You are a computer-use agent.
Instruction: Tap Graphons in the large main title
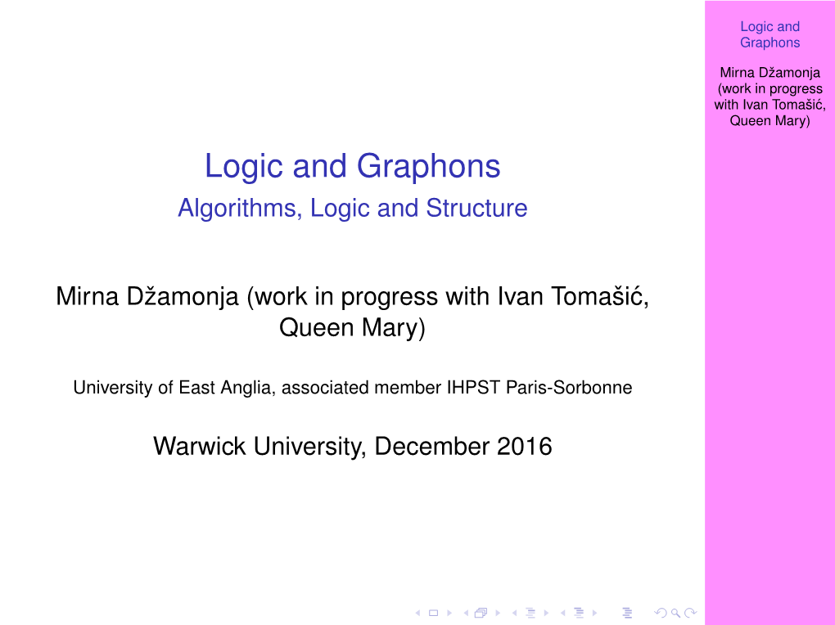[429, 167]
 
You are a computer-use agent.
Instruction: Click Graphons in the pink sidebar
[770, 43]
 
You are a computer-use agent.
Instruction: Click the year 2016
[525, 446]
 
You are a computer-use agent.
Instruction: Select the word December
[432, 446]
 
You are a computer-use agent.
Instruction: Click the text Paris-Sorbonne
[569, 388]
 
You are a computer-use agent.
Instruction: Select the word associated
[325, 388]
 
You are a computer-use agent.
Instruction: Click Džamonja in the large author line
[183, 297]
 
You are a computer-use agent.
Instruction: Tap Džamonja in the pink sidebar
[789, 73]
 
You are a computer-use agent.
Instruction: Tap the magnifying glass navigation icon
[675, 613]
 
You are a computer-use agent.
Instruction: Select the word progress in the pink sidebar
[796, 89]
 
